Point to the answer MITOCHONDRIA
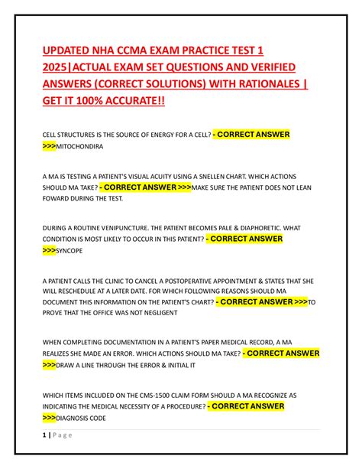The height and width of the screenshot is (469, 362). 84,144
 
